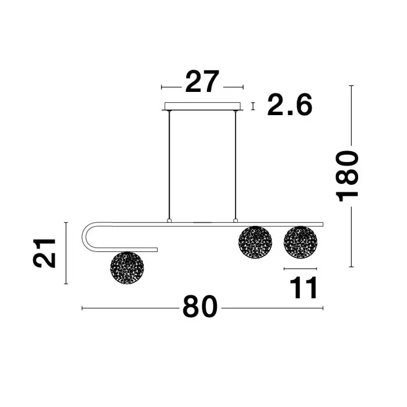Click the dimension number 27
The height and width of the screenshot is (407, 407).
click(x=202, y=81)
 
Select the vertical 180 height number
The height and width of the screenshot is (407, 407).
click(x=347, y=177)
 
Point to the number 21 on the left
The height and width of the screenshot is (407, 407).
click(x=44, y=254)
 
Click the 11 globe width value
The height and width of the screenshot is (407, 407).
click(x=303, y=288)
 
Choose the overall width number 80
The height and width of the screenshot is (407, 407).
click(x=200, y=306)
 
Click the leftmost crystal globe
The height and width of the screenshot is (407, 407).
click(x=127, y=267)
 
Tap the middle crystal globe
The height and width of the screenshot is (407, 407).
click(x=255, y=242)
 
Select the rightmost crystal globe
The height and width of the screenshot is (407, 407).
click(x=301, y=242)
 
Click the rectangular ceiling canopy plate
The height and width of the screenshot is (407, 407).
click(x=202, y=106)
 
